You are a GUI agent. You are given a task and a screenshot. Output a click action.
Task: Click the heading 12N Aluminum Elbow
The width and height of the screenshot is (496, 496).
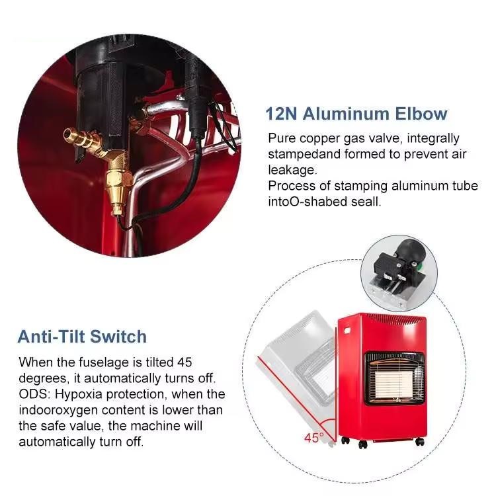(x=356, y=114)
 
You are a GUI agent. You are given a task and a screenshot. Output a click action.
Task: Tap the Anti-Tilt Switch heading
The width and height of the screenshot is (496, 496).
(x=82, y=336)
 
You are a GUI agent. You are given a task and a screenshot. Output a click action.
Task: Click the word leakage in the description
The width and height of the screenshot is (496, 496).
(x=292, y=170)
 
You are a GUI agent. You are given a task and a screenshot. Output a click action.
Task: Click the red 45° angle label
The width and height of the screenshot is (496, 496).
(x=313, y=438)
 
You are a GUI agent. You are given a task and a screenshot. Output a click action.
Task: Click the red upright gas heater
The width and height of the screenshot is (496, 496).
(x=382, y=378)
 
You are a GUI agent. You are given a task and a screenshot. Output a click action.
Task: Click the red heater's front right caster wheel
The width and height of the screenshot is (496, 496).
(x=420, y=441)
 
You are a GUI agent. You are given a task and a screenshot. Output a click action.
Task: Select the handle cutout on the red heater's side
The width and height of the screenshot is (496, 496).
(x=347, y=331)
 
